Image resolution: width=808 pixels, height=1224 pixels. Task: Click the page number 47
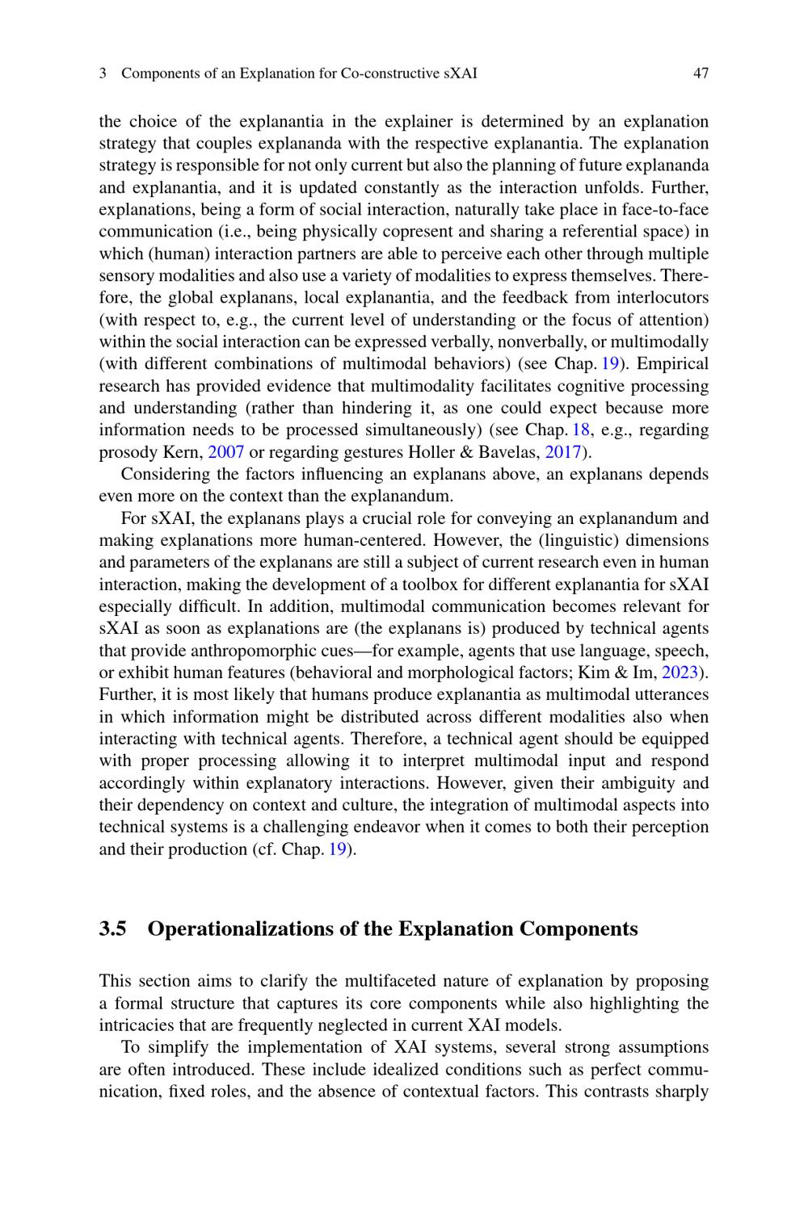click(x=701, y=73)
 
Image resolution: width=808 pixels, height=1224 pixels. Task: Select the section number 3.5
click(x=112, y=929)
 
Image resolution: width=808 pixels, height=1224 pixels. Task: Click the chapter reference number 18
click(x=581, y=430)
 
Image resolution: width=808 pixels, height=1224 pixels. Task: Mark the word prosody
click(x=125, y=452)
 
